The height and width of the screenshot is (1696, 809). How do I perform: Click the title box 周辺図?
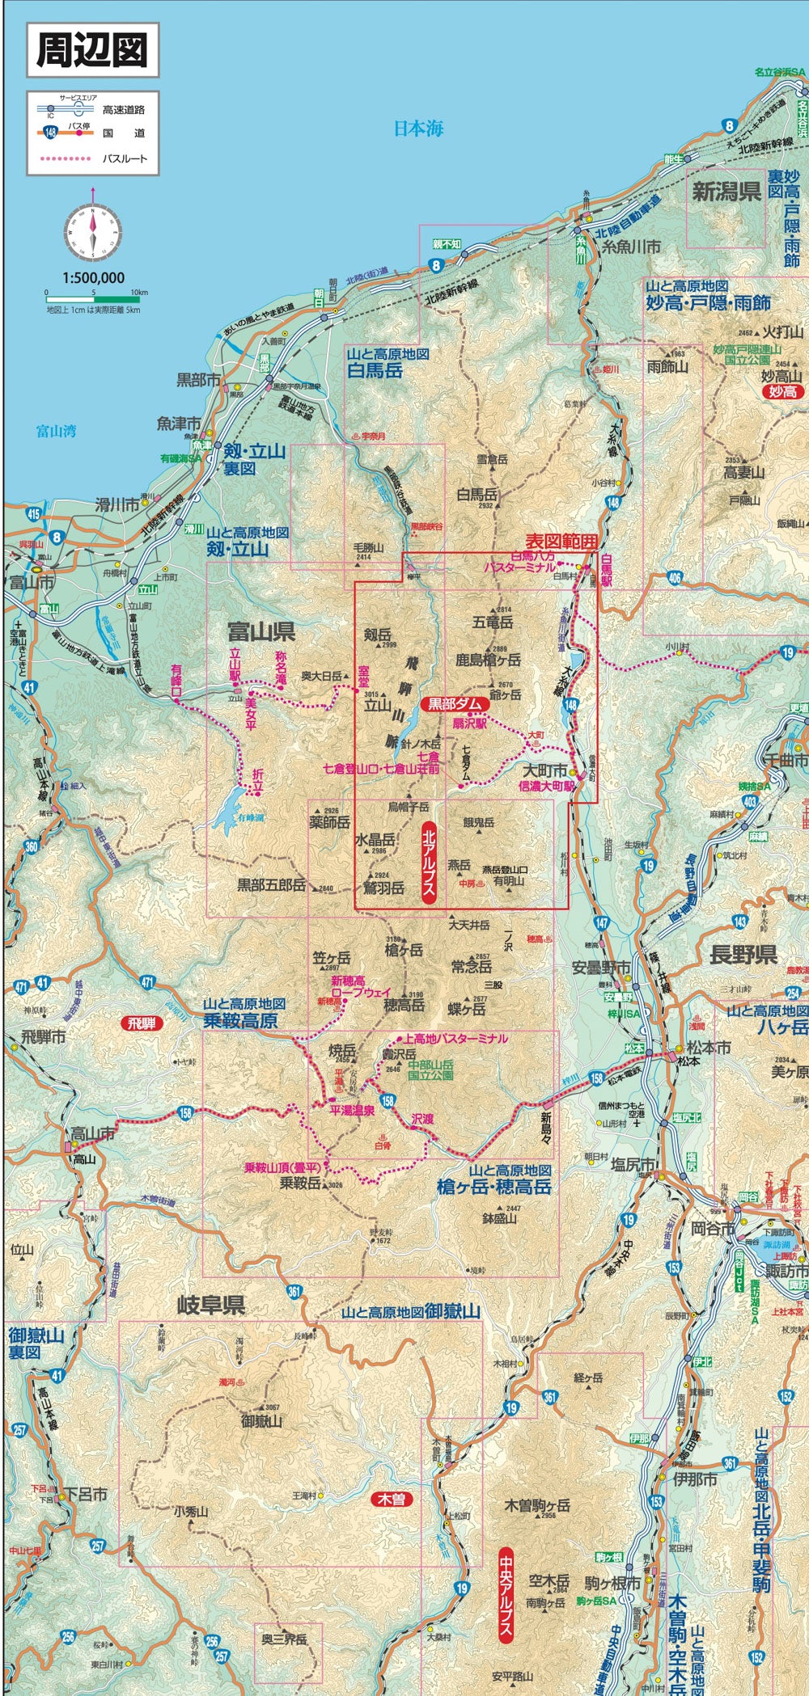(91, 49)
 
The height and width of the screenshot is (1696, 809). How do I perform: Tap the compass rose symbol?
(93, 229)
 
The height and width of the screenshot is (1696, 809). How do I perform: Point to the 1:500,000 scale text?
(93, 277)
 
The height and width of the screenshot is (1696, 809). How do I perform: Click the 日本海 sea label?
(418, 128)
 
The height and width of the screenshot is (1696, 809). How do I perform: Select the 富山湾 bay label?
(56, 431)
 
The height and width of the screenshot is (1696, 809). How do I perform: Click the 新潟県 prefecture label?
(726, 192)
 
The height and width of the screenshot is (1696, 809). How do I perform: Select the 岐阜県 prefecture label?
(210, 1305)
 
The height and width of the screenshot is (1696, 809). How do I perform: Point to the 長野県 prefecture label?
(743, 955)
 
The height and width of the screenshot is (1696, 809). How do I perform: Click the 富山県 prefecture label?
(260, 631)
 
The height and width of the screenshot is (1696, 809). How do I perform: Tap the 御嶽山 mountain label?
(261, 1420)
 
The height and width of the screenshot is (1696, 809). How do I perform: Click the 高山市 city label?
(93, 1134)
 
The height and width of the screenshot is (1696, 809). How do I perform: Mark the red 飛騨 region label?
(141, 1023)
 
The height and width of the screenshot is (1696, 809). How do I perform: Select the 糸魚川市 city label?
(632, 247)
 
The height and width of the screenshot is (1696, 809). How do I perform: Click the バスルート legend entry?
(125, 158)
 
